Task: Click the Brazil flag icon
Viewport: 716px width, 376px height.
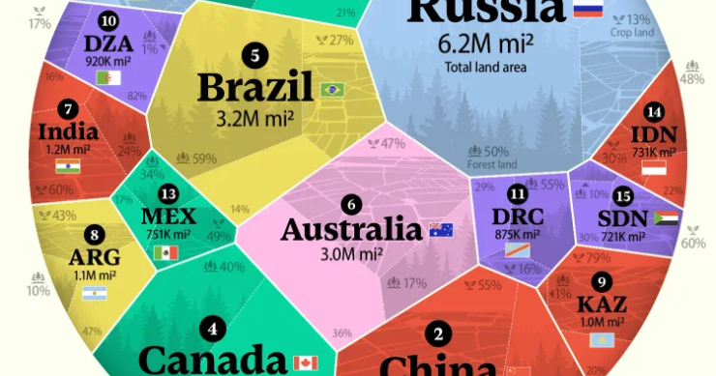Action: (x=332, y=90)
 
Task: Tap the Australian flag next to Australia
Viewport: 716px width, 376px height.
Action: (x=440, y=230)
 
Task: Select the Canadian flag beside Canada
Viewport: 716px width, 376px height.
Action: (x=305, y=363)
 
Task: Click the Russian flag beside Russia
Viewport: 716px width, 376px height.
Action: (x=587, y=10)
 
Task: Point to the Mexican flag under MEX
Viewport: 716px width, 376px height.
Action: (x=165, y=254)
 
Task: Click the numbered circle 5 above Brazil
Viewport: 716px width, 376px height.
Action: (x=254, y=55)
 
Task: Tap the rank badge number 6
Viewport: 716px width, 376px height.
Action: (x=351, y=204)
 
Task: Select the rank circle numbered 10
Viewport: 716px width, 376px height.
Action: (x=108, y=21)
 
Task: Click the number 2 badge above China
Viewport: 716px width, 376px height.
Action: (x=438, y=335)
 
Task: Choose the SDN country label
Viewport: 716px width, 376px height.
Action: (x=624, y=217)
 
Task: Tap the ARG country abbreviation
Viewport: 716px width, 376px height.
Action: (x=94, y=256)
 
